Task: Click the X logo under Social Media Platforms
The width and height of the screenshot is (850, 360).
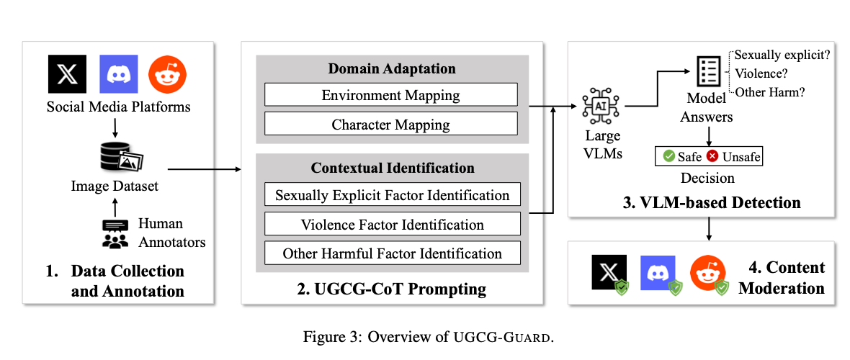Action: [66, 73]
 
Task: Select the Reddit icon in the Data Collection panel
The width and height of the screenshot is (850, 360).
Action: [167, 73]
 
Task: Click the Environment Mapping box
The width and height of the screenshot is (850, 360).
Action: [390, 95]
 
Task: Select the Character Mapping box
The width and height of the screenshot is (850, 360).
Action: [390, 125]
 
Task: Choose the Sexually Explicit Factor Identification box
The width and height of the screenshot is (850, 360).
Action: [393, 195]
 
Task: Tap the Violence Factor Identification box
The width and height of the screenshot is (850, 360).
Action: [393, 224]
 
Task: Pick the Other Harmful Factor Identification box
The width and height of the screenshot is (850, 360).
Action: [393, 253]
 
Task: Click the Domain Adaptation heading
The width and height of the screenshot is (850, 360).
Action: [392, 68]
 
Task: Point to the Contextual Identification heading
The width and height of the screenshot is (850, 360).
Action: [393, 168]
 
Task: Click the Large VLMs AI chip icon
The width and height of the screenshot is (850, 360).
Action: [601, 107]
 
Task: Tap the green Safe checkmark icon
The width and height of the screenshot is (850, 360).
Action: [668, 156]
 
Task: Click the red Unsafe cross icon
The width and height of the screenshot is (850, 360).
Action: [712, 156]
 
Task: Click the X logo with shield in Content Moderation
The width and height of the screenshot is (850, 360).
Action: [606, 274]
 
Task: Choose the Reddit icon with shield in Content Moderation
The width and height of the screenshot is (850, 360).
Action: [707, 274]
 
